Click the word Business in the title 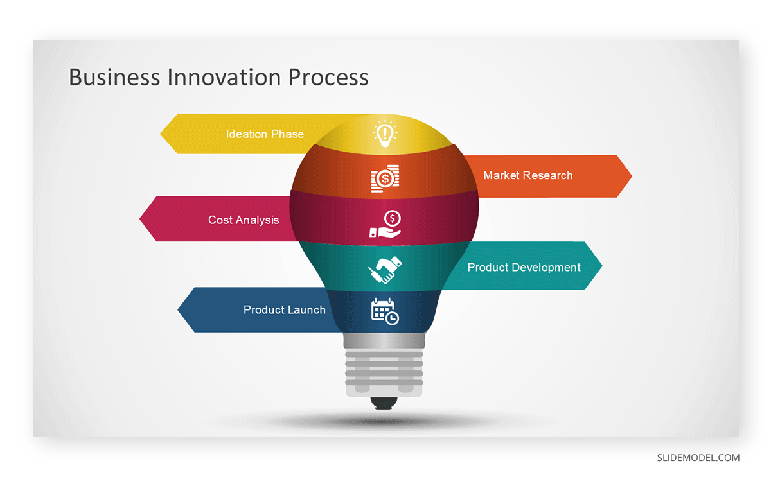point(114,77)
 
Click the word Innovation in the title point(224,77)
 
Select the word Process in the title point(328,77)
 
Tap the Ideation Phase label point(265,134)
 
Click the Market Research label point(528,175)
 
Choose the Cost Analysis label point(244,220)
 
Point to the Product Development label point(524,267)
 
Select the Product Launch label point(284,309)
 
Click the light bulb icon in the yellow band point(385,134)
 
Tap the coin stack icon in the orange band point(385,178)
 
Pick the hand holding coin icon point(385,224)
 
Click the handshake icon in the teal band point(385,270)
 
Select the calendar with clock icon point(385,311)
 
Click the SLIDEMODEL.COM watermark point(698,457)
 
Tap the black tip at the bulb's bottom point(384,403)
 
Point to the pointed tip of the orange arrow point(632,176)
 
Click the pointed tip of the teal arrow point(602,266)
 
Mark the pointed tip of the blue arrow point(178,309)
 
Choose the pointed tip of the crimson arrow point(140,219)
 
